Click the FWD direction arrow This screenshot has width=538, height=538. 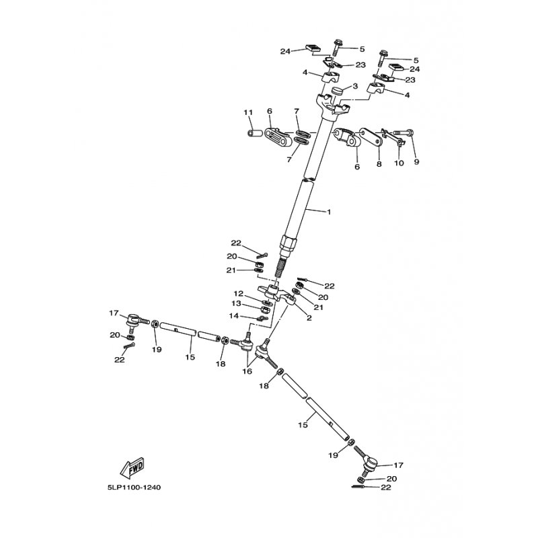[132, 467]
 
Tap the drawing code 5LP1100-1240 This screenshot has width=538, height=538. [134, 487]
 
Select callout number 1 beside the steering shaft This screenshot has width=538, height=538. [329, 212]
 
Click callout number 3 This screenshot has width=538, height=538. [355, 85]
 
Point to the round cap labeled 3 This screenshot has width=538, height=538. [338, 93]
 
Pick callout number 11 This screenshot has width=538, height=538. [248, 112]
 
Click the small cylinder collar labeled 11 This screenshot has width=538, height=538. [255, 132]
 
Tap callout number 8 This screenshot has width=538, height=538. [379, 164]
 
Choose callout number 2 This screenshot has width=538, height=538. [309, 318]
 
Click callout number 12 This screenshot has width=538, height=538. [239, 294]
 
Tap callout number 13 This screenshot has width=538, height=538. [236, 304]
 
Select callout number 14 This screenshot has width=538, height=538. [233, 315]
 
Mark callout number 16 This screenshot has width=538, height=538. [247, 371]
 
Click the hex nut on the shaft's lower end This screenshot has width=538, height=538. [288, 243]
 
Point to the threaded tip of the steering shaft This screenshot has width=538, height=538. [280, 272]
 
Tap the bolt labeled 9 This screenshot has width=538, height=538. [403, 132]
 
